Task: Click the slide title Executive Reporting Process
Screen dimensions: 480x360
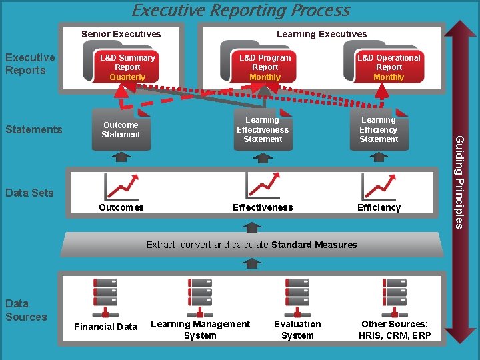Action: pos(241,10)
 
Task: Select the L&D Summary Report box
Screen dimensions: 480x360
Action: pos(127,67)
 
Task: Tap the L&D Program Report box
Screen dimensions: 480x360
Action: pos(265,67)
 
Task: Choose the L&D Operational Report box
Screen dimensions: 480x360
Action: pos(389,67)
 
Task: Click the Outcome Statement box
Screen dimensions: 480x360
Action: pos(121,129)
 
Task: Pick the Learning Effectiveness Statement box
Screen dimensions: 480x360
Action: pos(263,129)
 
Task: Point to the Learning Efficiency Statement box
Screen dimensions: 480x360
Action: pos(379,129)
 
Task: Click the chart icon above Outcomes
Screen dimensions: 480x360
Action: pos(121,186)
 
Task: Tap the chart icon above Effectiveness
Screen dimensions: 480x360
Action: pos(263,186)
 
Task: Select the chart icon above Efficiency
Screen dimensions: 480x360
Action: pos(379,186)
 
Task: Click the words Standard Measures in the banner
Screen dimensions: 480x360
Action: pos(314,245)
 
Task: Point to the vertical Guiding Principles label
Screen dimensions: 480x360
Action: pos(459,181)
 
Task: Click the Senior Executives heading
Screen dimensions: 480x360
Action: pos(121,34)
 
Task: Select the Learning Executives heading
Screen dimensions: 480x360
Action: pos(321,34)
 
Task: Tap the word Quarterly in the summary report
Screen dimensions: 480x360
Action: pos(127,77)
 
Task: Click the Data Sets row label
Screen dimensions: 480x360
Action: pos(29,193)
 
